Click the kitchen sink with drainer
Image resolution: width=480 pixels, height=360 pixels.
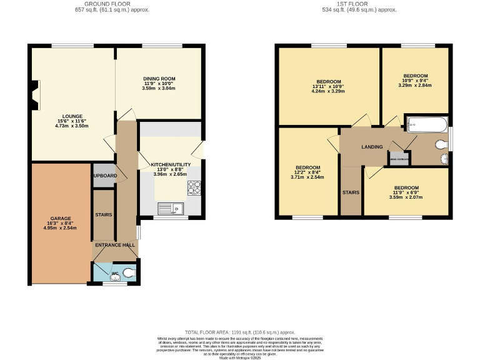pyautogui.click(x=170, y=208)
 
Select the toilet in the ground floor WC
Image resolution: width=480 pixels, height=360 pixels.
pyautogui.click(x=128, y=272)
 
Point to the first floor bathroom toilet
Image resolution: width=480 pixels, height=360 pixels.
pyautogui.click(x=441, y=144)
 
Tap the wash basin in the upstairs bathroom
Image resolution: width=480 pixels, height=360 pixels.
pyautogui.click(x=444, y=157)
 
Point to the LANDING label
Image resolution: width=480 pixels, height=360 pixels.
pyautogui.click(x=372, y=147)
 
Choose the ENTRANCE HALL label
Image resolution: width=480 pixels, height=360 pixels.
pyautogui.click(x=115, y=245)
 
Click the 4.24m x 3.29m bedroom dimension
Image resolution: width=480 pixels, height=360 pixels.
pyautogui.click(x=328, y=91)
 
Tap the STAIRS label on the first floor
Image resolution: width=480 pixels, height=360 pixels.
pyautogui.click(x=351, y=192)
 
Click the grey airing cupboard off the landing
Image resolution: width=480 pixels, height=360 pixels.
pyautogui.click(x=399, y=159)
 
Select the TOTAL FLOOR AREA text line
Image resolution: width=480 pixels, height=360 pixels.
pyautogui.click(x=239, y=332)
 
